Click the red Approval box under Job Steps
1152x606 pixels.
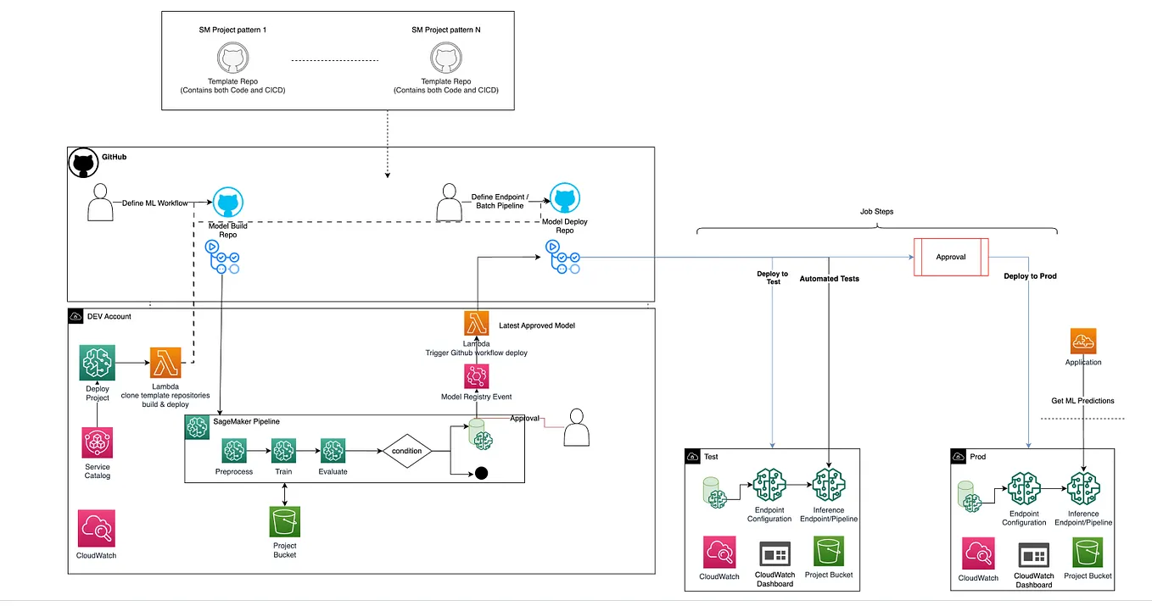pos(950,257)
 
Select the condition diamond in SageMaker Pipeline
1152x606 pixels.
pos(407,451)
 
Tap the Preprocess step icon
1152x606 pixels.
pos(234,451)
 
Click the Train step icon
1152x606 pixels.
pos(283,451)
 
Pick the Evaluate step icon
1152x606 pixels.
pos(333,451)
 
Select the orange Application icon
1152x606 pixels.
pos(1082,342)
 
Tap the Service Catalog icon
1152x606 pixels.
pos(98,442)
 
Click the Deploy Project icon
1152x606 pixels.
pos(97,362)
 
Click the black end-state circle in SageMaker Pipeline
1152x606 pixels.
pos(481,473)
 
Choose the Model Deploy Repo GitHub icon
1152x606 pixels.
pos(564,200)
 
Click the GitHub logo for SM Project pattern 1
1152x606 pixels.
pos(228,59)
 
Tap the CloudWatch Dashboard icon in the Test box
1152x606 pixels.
pos(775,554)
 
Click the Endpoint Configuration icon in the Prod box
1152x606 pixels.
pos(1024,489)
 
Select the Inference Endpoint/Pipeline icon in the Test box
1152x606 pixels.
pos(828,486)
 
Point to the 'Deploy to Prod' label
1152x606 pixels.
pos(1030,276)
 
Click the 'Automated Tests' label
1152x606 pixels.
pos(829,278)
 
